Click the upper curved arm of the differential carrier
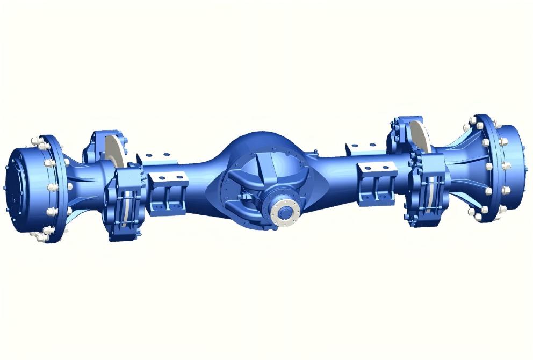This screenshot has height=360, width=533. coord(258,164)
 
